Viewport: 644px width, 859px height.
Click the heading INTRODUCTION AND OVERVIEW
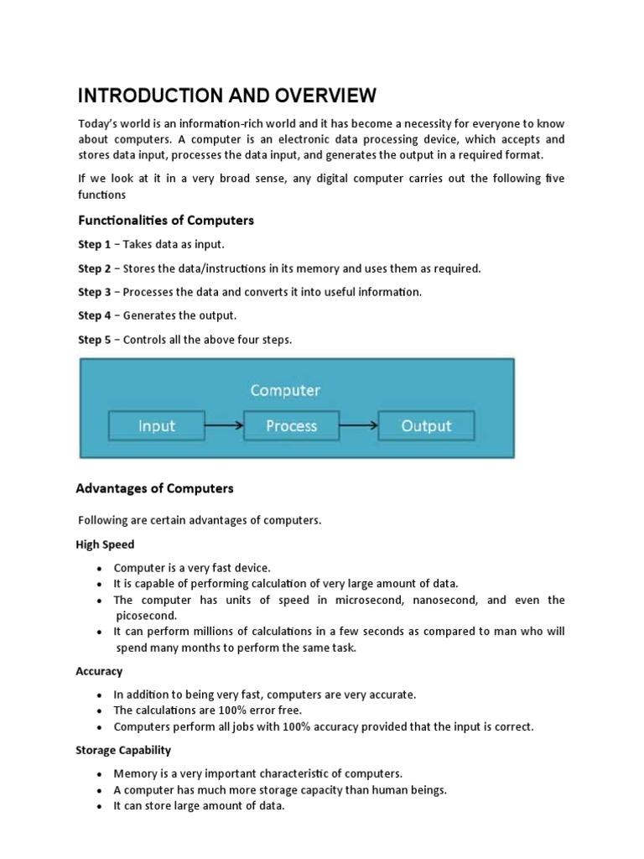(227, 95)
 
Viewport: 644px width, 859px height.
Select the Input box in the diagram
(157, 425)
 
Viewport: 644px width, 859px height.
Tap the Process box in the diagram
(291, 425)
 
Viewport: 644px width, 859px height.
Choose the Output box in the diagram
(426, 425)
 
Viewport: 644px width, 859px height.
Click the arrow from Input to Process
(224, 425)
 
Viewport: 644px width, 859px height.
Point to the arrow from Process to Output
(358, 425)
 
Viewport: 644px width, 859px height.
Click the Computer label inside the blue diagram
(285, 390)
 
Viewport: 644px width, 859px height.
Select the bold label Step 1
(94, 245)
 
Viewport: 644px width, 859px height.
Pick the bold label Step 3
(94, 292)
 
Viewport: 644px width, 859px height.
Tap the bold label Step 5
(94, 340)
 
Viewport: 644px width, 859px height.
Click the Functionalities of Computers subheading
(165, 221)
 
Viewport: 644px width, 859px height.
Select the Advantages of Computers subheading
(155, 488)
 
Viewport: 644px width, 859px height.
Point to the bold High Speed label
(106, 544)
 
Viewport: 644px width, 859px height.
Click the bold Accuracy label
(100, 671)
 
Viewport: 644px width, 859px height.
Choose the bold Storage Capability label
(124, 750)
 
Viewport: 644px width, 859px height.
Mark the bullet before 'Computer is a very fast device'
(99, 569)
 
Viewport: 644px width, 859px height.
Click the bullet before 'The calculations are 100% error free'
(99, 711)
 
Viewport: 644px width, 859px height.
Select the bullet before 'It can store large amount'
(99, 806)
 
